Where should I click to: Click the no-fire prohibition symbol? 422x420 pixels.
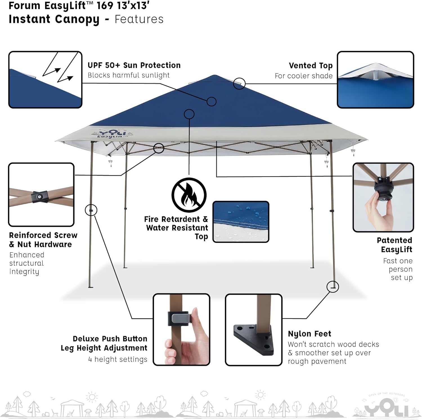189,195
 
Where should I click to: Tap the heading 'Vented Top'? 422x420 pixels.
311,66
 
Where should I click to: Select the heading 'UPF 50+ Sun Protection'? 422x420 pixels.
134,65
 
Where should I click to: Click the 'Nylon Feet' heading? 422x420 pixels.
309,334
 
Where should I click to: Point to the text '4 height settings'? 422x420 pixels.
118,359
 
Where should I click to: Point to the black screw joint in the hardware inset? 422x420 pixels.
40,196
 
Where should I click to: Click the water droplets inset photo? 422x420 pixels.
241,222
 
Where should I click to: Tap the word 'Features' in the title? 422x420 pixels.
139,19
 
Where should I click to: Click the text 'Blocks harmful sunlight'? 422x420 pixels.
129,75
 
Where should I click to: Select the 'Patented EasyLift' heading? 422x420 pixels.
394,245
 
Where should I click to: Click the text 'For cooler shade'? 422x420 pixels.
304,76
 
